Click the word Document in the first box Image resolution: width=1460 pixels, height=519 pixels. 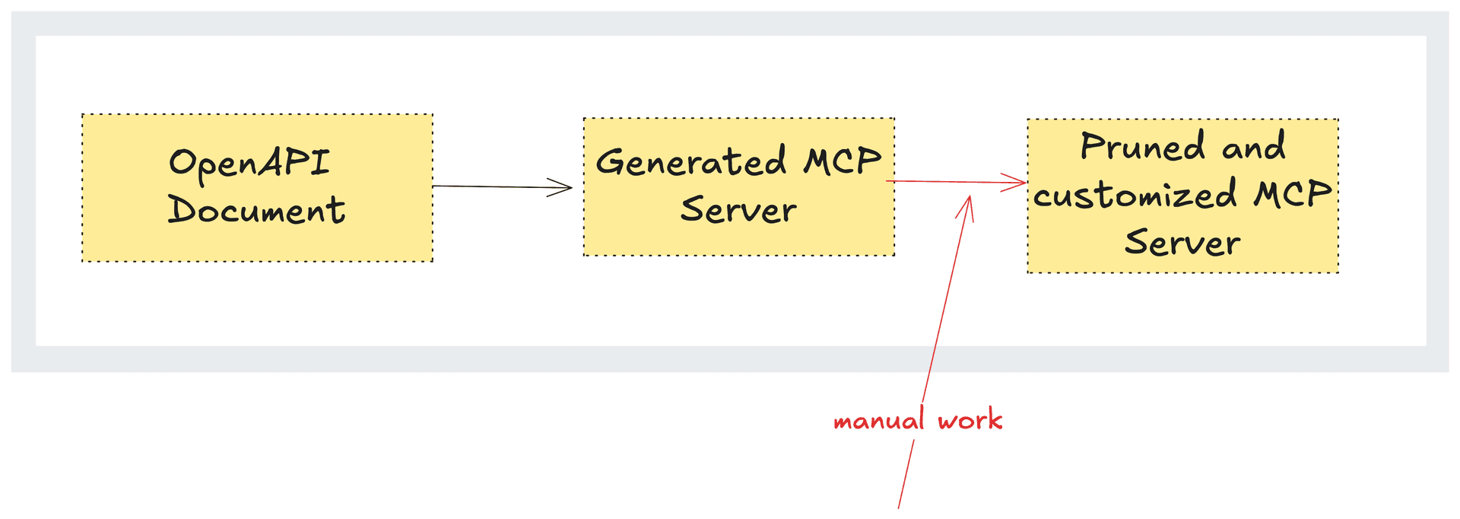pyautogui.click(x=256, y=210)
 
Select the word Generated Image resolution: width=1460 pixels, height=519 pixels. pyautogui.click(x=690, y=162)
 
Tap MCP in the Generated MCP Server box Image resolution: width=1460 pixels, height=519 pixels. pyautogui.click(x=843, y=161)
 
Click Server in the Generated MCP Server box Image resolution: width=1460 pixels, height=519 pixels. pyautogui.click(x=738, y=210)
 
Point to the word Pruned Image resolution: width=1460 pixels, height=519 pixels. pyautogui.click(x=1142, y=146)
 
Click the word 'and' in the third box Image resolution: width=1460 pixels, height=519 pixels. pyautogui.click(x=1253, y=146)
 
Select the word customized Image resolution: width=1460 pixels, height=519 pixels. pyautogui.click(x=1135, y=196)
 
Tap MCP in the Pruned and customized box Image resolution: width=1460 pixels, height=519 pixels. pyautogui.click(x=1293, y=195)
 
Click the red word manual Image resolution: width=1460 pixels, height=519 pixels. pyautogui.click(x=879, y=420)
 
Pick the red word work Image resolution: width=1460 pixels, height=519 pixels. pyautogui.click(x=970, y=420)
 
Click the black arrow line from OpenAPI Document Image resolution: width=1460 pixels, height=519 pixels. pyautogui.click(x=494, y=186)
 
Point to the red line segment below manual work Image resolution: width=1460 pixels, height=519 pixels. pyautogui.click(x=906, y=476)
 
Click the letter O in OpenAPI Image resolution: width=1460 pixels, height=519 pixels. pyautogui.click(x=182, y=163)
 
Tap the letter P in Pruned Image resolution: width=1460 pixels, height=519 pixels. pyautogui.click(x=1093, y=146)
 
